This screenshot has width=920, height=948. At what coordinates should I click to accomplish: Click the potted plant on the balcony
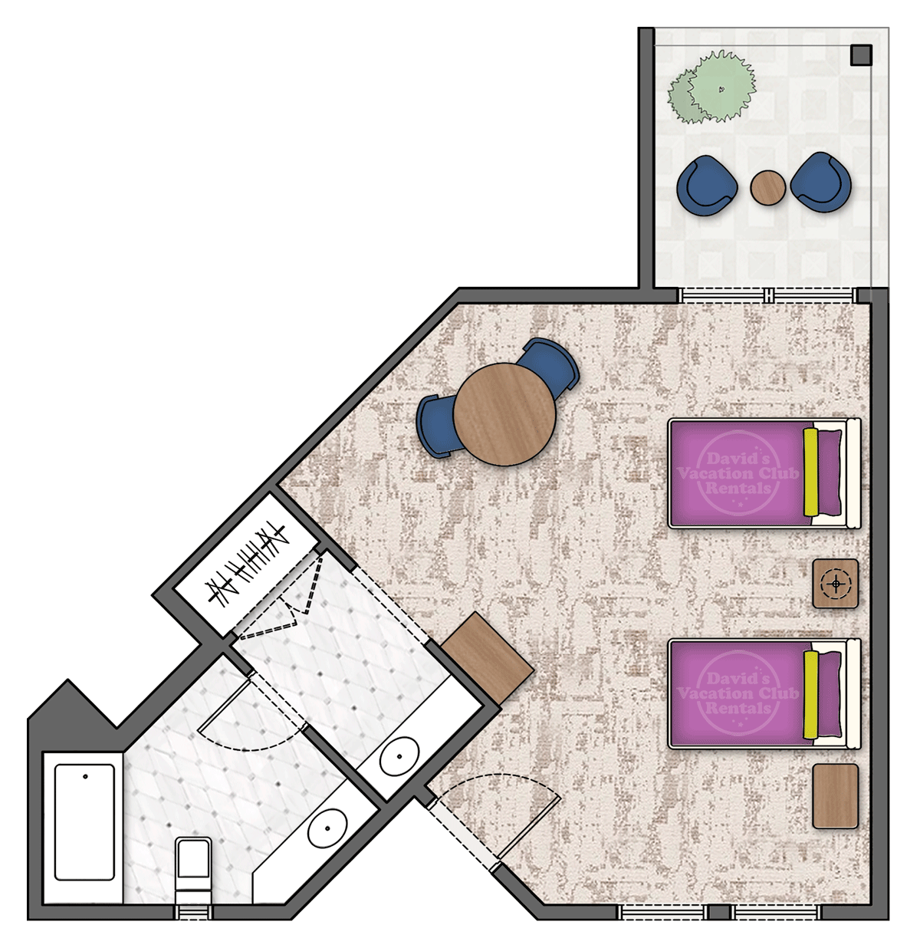711,87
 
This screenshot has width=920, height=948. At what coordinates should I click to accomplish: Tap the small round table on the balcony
768,186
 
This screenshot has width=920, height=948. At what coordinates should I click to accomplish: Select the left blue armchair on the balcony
705,184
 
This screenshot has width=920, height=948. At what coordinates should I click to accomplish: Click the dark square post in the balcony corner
861,55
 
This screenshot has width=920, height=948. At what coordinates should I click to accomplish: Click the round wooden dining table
504,414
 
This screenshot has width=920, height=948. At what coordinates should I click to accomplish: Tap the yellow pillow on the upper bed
810,472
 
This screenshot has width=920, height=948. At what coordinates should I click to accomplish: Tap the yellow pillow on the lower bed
810,696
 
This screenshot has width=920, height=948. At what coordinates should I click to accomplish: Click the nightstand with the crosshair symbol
835,584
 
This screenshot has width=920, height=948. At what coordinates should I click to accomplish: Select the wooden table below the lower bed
835,795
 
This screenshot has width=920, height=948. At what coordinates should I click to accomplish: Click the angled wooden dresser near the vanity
488,658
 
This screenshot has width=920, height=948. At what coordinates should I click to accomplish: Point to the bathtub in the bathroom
85,821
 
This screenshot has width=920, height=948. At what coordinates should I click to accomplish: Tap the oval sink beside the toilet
329,829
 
